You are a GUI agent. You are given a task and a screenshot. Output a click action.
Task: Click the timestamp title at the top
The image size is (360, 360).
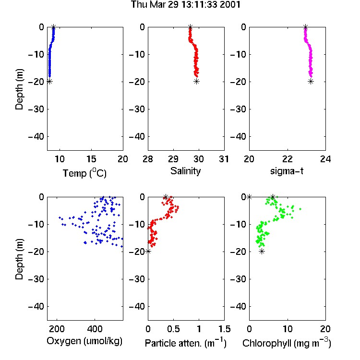click(x=185, y=5)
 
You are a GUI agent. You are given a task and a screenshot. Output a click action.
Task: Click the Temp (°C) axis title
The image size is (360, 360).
click(x=84, y=173)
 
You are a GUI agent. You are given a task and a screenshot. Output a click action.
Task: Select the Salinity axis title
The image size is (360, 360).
click(x=185, y=171)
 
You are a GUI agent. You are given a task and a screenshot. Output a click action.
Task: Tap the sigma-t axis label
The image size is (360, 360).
click(x=287, y=171)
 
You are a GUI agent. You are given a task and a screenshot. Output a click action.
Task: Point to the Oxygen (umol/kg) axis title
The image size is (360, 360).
click(x=84, y=341)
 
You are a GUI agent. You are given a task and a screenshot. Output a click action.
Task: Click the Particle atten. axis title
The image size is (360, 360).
click(x=186, y=343)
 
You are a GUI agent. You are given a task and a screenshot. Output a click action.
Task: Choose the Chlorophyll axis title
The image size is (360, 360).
click(x=287, y=343)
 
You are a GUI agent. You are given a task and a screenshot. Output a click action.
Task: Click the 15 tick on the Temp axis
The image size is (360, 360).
click(x=91, y=159)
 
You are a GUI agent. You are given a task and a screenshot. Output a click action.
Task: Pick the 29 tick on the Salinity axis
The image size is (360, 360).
click(x=173, y=159)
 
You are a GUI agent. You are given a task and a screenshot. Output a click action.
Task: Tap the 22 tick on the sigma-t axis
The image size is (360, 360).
click(x=288, y=159)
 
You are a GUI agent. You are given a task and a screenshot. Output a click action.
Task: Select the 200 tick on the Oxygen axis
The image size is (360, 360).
click(x=57, y=329)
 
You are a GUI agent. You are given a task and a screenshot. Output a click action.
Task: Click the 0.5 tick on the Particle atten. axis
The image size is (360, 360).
click(x=173, y=329)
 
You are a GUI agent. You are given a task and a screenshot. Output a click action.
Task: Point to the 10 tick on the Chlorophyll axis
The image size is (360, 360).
click(x=288, y=329)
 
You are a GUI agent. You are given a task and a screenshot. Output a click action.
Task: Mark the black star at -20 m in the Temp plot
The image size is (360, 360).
click(x=49, y=82)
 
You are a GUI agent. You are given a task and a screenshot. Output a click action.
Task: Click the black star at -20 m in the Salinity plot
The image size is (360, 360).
click(x=196, y=82)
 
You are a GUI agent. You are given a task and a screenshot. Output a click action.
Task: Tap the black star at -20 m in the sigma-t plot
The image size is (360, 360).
click(x=311, y=82)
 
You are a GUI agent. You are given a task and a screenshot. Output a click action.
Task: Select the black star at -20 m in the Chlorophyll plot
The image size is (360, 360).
click(x=262, y=252)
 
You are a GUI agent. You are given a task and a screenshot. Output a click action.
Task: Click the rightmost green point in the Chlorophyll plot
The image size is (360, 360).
click(x=300, y=209)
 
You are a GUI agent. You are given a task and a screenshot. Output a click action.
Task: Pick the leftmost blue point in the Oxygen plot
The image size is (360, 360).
click(x=60, y=217)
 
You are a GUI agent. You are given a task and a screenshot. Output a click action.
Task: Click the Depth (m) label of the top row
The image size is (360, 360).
click(x=19, y=89)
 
